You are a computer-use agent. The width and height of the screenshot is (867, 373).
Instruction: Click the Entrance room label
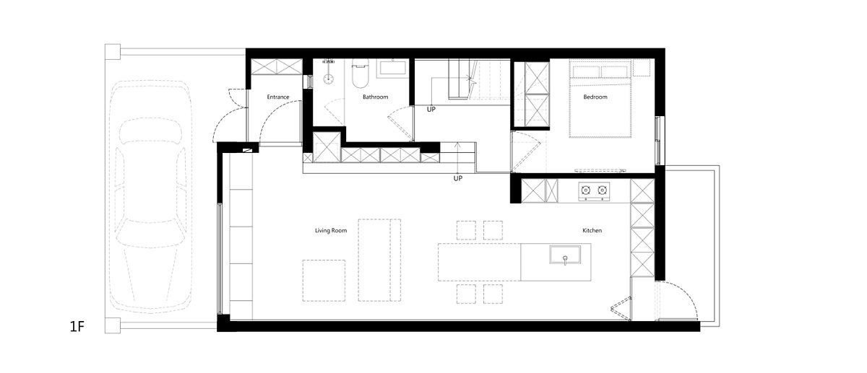pos(278,97)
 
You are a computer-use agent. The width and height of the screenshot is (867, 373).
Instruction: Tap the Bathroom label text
pos(375,97)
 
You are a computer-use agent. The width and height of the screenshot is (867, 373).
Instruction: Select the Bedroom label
pos(595,97)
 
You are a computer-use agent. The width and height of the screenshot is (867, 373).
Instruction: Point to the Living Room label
pos(331,231)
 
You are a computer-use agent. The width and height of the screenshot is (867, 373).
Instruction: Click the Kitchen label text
pos(592,230)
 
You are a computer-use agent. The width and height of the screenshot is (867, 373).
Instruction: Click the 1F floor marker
pos(77,327)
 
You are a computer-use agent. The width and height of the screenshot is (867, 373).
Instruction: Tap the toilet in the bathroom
pos(360,74)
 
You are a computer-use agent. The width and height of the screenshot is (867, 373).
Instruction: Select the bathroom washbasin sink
pos(393,68)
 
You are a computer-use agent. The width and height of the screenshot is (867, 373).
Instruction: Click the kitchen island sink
pos(565,255)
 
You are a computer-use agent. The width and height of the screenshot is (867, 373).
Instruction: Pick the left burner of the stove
pos(586,190)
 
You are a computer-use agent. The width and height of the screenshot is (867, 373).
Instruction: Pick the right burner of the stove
pos(602,190)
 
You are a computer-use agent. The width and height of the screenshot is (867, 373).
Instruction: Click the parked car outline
pos(150,196)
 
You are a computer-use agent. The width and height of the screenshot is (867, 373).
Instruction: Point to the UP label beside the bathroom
pos(431,110)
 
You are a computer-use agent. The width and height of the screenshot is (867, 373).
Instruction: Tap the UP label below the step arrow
pos(458,179)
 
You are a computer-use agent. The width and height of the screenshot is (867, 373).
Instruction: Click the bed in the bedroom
pos(600,99)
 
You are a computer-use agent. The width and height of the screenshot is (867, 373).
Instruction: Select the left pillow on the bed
pos(586,71)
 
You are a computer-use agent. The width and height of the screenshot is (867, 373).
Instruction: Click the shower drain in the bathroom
pos(329,79)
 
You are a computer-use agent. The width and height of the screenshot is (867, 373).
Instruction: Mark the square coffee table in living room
pos(324,281)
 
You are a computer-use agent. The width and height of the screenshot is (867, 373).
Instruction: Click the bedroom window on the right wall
pos(657,140)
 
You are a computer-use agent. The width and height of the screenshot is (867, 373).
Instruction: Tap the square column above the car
pos(113,52)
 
